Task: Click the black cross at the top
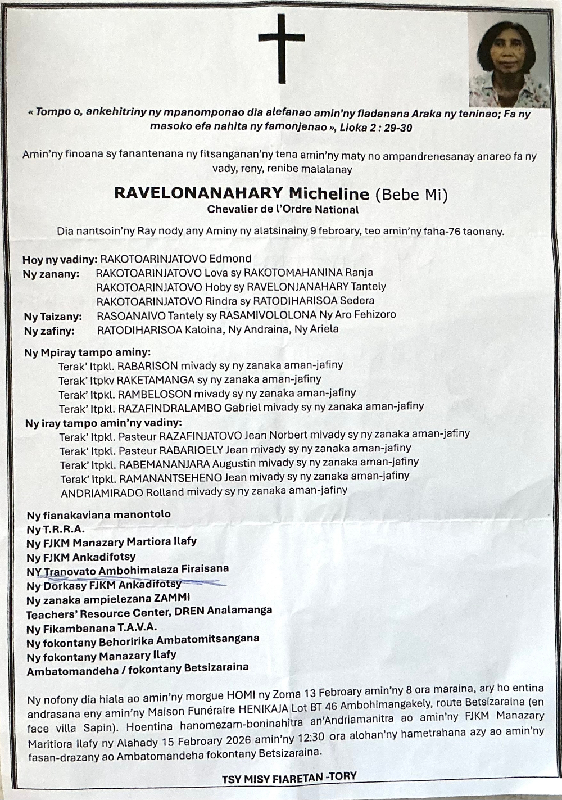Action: pos(281,48)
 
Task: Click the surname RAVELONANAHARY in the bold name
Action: pos(198,193)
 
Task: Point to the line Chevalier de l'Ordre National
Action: pos(283,210)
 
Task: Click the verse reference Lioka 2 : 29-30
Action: pos(376,128)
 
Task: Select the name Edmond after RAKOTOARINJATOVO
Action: pos(230,259)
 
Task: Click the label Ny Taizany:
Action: pos(53,317)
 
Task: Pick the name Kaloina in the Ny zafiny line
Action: pos(202,329)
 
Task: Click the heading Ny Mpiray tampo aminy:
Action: pos(88,353)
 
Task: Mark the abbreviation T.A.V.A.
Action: pos(137,627)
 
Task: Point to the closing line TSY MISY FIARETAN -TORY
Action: pos(289,779)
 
